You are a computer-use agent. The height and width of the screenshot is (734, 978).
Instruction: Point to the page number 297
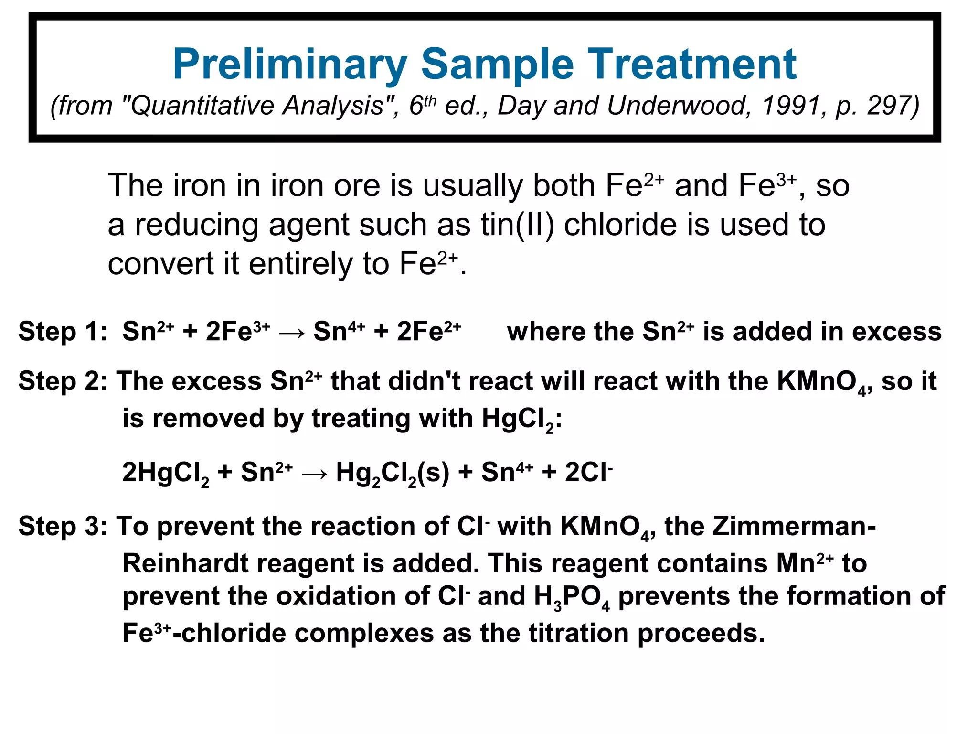[887, 106]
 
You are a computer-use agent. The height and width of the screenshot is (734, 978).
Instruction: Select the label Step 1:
[63, 331]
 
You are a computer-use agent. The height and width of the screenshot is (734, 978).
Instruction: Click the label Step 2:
[63, 381]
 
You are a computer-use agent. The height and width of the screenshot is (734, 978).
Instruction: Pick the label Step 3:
[63, 527]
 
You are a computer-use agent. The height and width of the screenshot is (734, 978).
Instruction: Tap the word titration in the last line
[578, 633]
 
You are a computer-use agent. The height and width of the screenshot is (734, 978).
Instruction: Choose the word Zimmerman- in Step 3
[794, 527]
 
